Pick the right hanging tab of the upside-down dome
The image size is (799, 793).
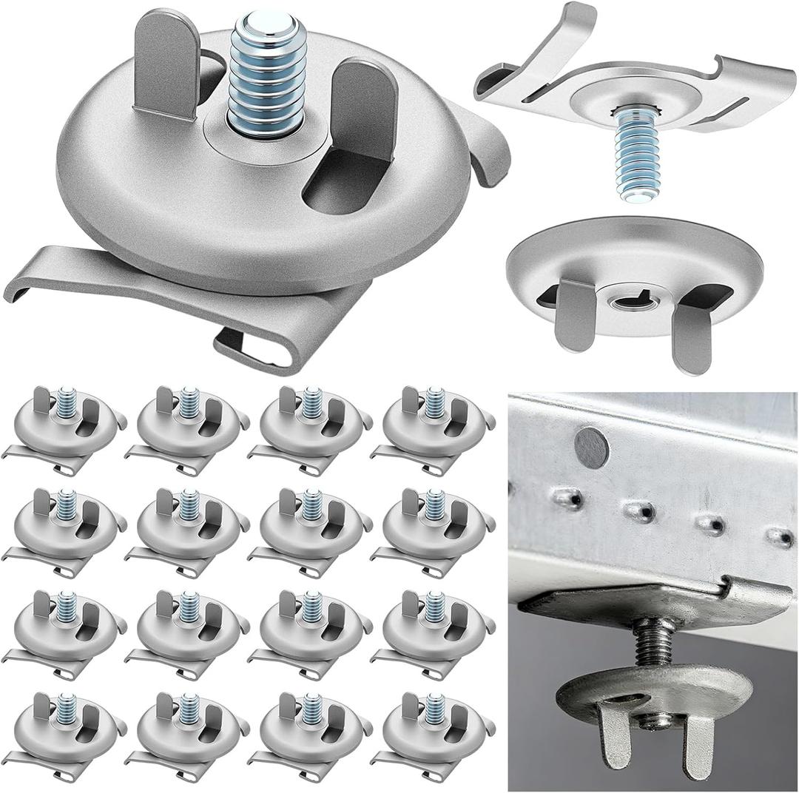692,333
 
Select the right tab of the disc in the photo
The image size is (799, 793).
696,747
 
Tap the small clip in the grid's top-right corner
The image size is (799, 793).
433,430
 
